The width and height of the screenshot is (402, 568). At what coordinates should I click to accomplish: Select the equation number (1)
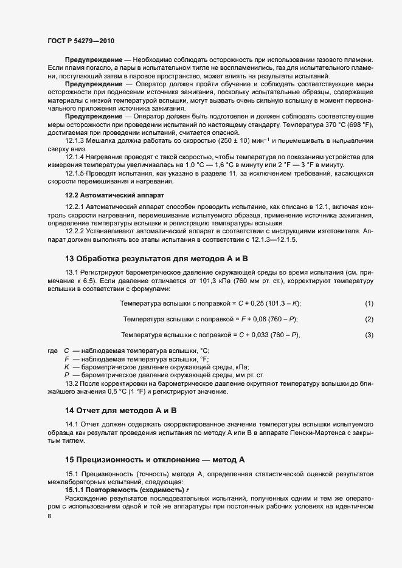[369, 303]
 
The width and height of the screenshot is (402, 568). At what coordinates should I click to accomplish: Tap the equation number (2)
[369, 319]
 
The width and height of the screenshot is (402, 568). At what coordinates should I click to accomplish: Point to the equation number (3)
[369, 335]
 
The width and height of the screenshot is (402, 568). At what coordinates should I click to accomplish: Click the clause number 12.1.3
[76, 140]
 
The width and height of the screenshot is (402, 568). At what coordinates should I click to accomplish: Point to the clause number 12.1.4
[76, 156]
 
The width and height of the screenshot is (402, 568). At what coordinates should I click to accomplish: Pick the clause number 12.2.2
[76, 231]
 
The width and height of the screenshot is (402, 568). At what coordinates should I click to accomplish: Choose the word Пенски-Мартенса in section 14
[327, 431]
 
